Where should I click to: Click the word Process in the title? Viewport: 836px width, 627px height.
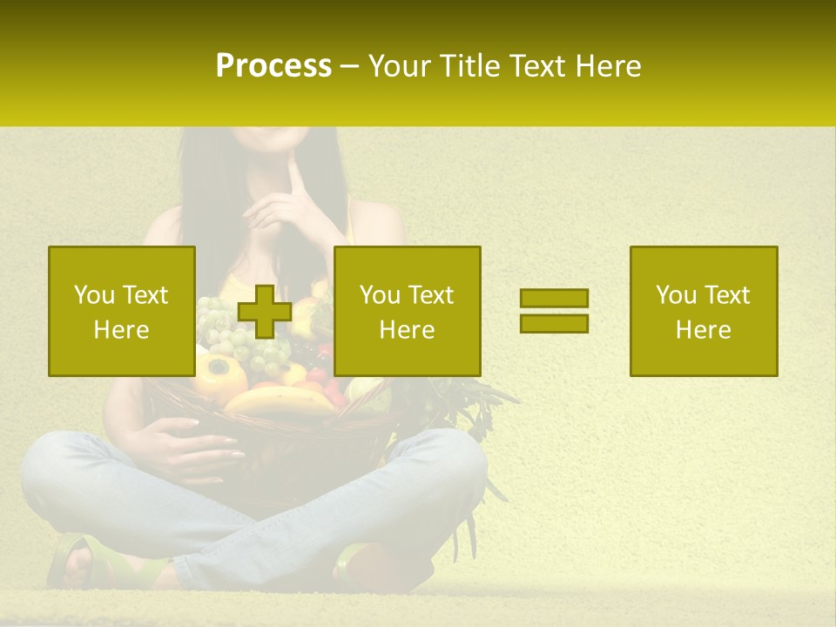(x=273, y=66)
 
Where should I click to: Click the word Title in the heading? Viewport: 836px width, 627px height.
(x=467, y=66)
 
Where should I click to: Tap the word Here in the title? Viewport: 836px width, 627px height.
(x=606, y=66)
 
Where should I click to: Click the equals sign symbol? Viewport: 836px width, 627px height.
(x=554, y=311)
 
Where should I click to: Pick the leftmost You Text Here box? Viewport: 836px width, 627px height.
(x=121, y=311)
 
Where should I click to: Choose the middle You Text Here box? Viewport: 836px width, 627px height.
(x=407, y=311)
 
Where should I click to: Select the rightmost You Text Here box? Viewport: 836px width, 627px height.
(x=703, y=311)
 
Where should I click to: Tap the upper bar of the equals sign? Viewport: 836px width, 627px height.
(x=554, y=299)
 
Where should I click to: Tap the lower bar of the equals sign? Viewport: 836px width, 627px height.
(x=554, y=324)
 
